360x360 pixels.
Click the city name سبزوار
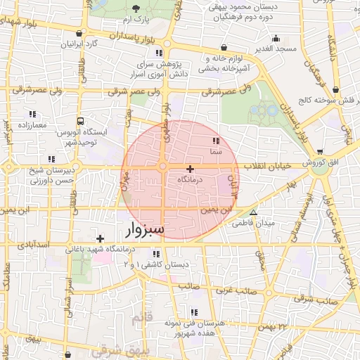(x=146, y=229)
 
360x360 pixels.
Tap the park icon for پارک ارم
(x=136, y=8)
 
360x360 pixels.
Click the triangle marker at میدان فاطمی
(x=254, y=212)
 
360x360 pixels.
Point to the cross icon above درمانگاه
(x=190, y=169)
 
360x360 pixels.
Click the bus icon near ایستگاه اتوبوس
(x=81, y=121)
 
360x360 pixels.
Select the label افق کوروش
(x=321, y=163)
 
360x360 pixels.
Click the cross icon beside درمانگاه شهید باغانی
(x=101, y=238)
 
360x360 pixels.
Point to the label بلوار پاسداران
(x=124, y=34)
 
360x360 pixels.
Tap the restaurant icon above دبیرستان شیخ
(x=50, y=158)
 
